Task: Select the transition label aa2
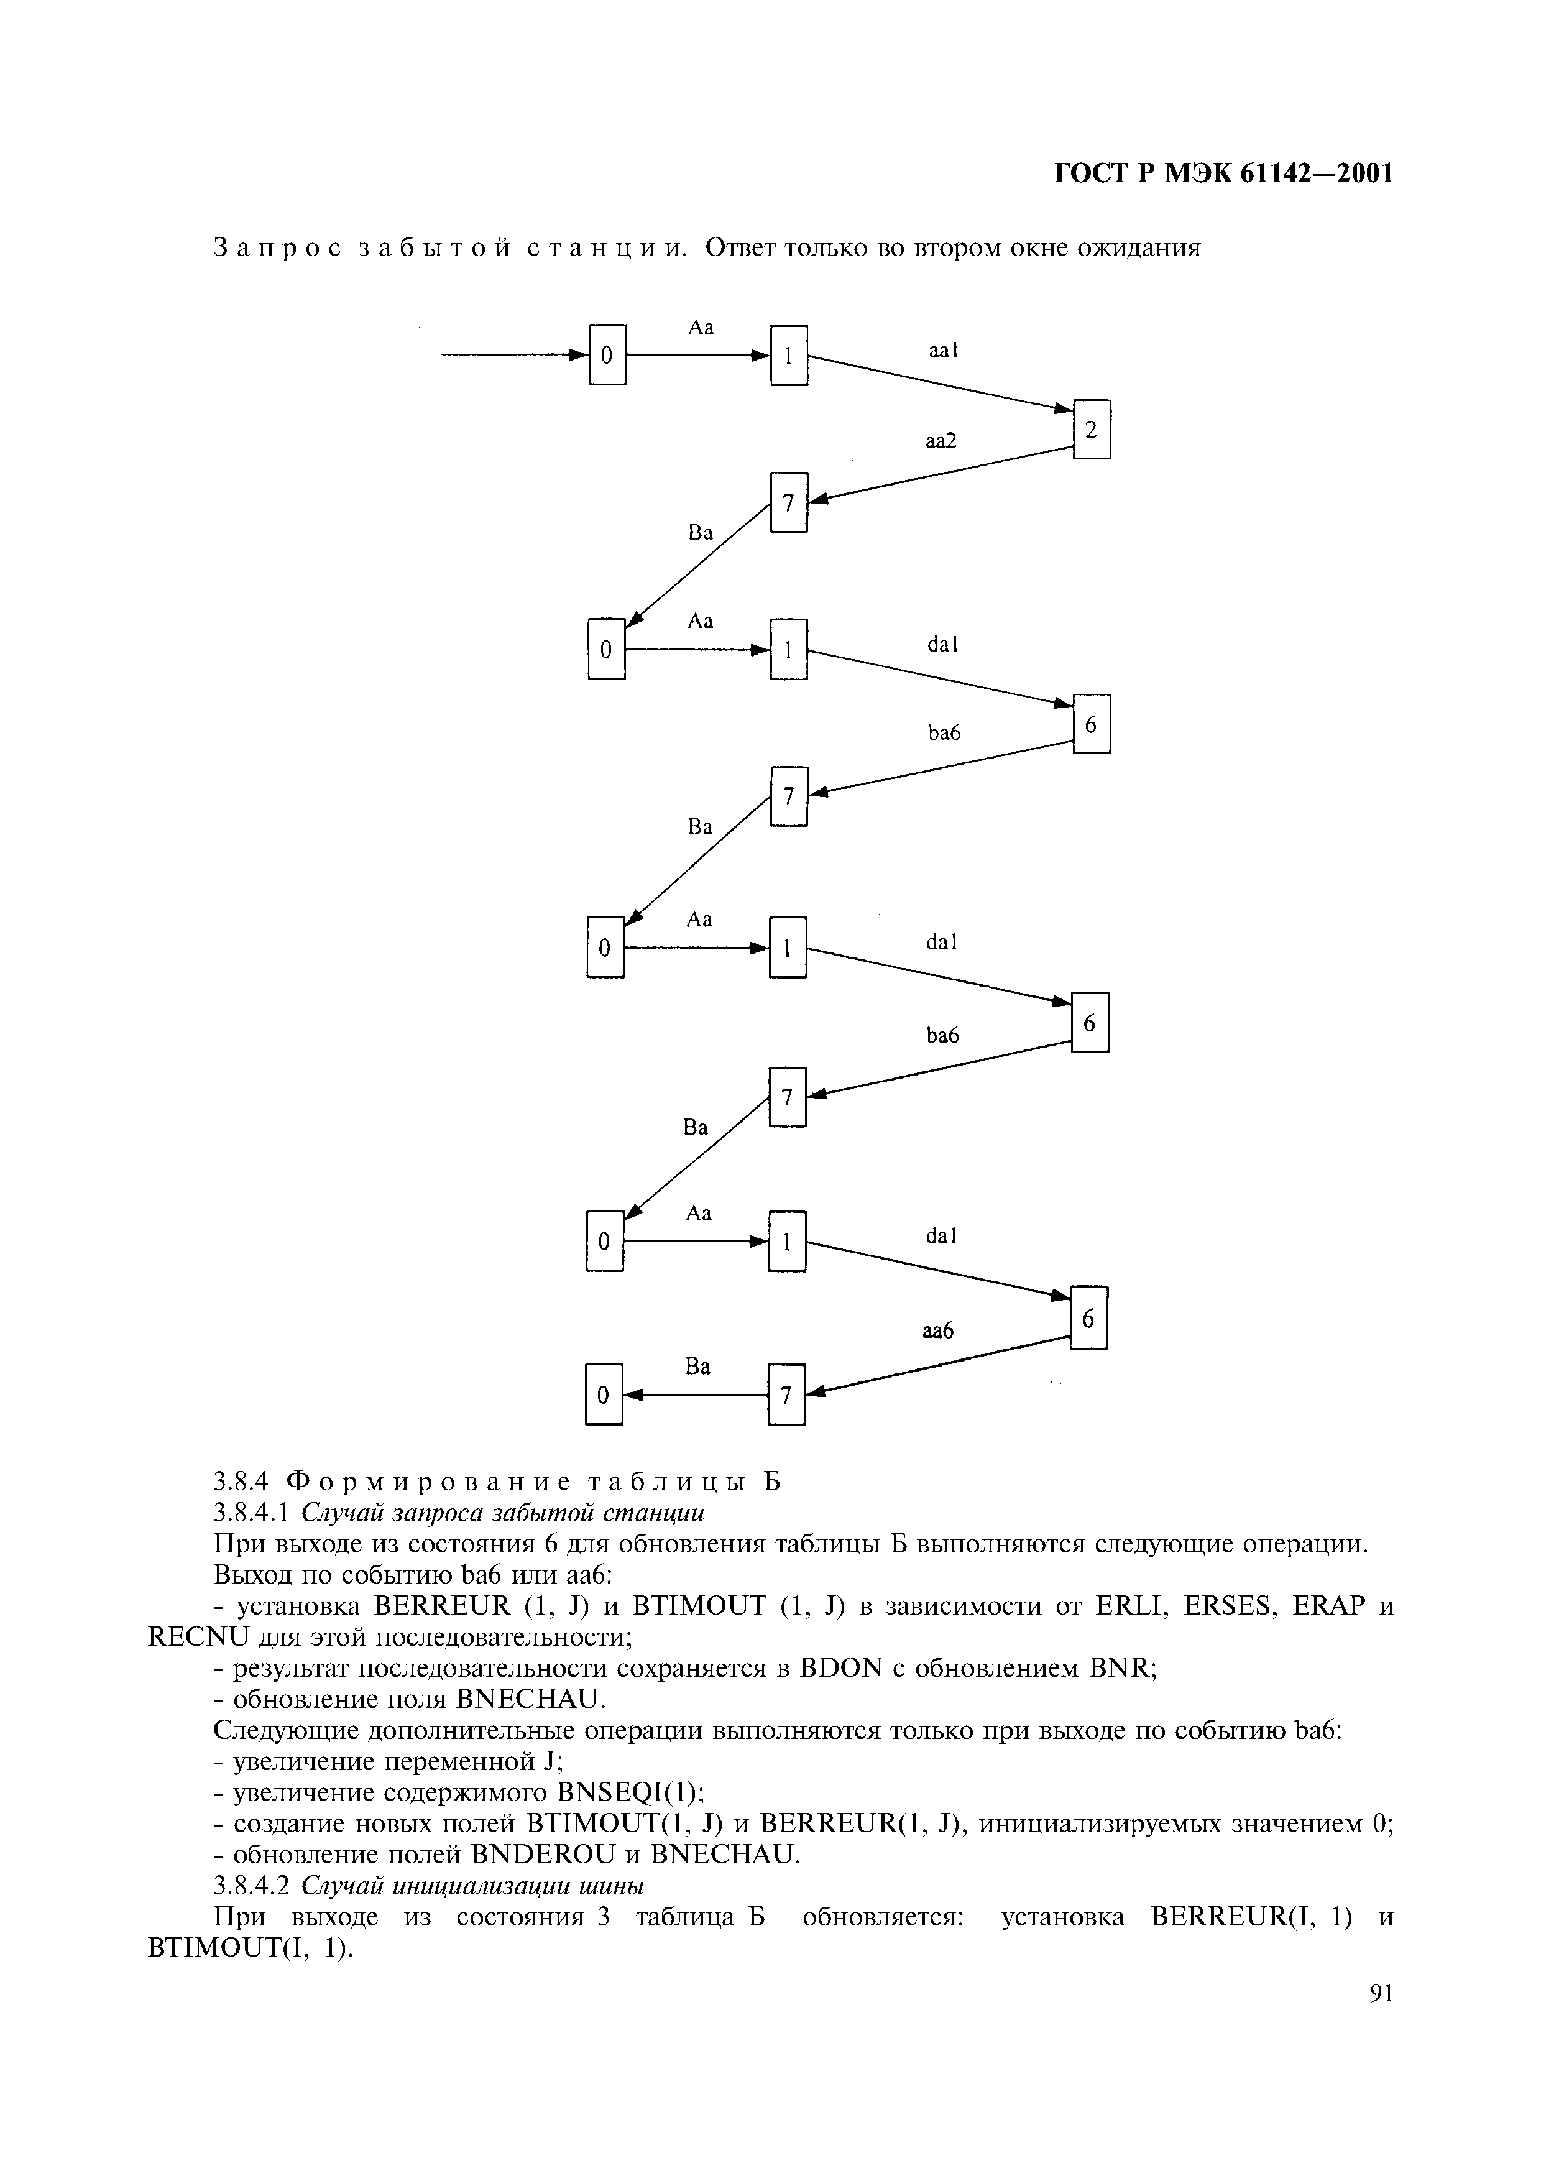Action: [x=941, y=441]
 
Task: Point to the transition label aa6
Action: [x=937, y=1332]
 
